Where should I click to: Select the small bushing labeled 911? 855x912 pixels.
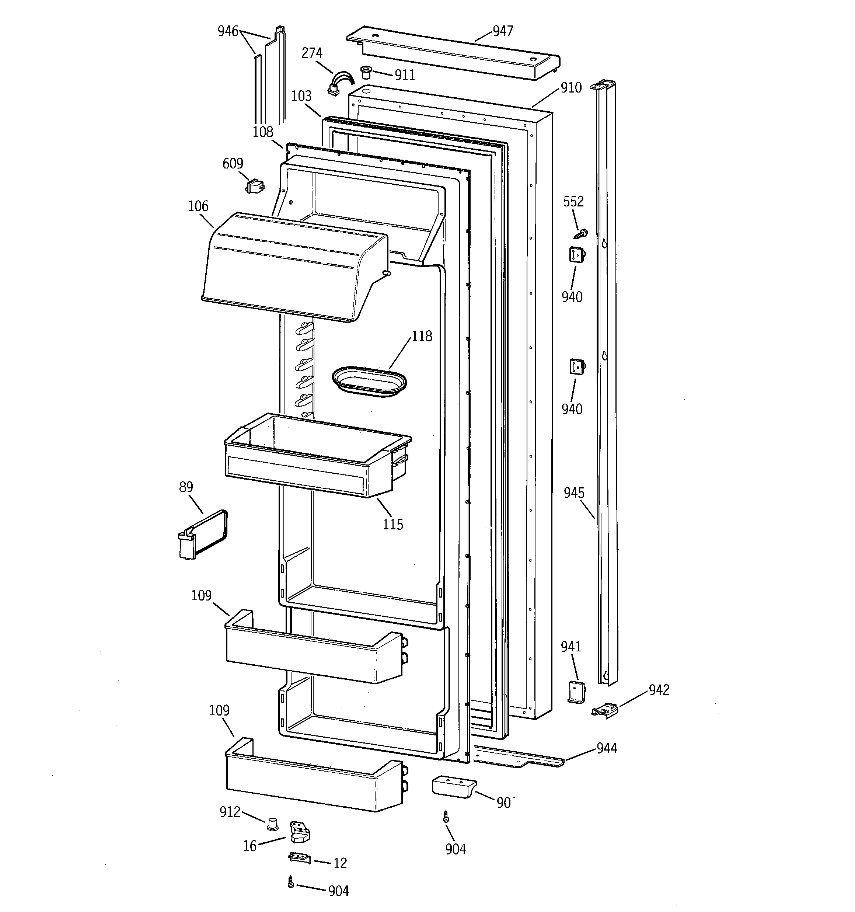point(366,72)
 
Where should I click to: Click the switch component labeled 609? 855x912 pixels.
point(255,186)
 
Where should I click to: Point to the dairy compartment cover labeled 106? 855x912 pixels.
point(294,266)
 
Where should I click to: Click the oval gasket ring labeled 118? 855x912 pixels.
point(369,381)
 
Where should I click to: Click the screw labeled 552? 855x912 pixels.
point(581,234)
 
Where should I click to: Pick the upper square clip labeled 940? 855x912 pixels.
point(577,254)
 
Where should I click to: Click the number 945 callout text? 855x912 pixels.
point(574,493)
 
